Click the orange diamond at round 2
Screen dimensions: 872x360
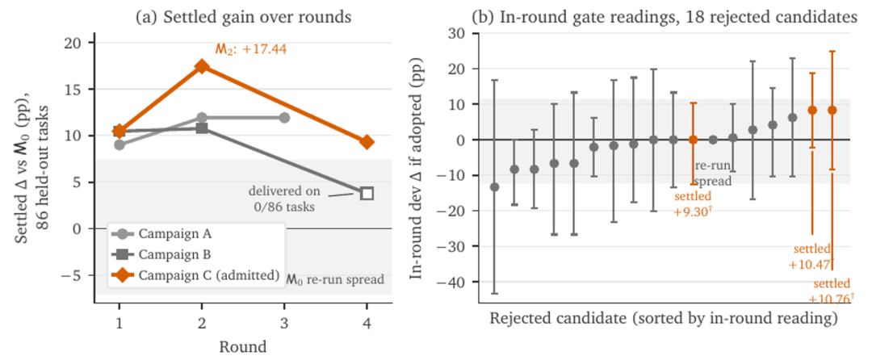point(202,67)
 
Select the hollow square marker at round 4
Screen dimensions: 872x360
point(367,194)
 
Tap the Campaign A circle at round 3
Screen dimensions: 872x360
point(284,118)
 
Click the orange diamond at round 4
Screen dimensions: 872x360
point(367,142)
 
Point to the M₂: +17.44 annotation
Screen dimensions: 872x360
point(251,49)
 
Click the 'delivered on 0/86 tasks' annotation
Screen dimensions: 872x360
point(284,199)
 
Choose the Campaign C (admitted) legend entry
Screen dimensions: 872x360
point(195,275)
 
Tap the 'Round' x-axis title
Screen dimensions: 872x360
point(243,347)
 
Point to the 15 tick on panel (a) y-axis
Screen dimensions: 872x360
point(80,89)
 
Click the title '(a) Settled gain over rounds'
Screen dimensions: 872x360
point(244,17)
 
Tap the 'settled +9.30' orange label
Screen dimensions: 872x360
point(693,204)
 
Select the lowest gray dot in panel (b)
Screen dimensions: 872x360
point(494,186)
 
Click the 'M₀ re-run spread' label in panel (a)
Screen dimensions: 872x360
point(335,279)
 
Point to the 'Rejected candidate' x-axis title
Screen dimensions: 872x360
point(664,319)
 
